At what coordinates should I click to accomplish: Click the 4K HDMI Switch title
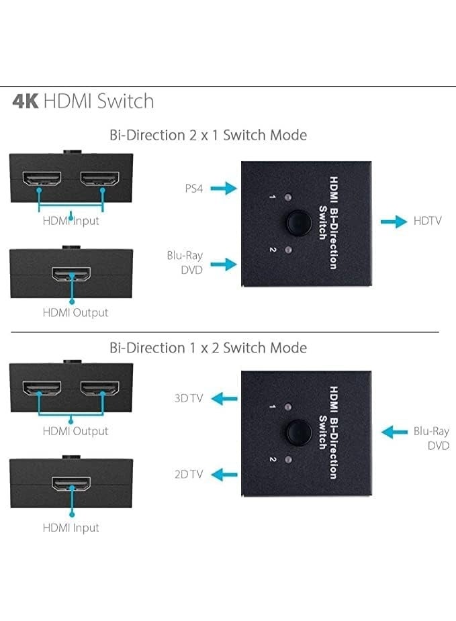coord(83,101)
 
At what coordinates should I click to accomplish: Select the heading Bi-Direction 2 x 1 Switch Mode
coord(208,135)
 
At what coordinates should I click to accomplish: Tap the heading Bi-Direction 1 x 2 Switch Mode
coord(208,348)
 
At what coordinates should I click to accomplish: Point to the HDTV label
coord(428,221)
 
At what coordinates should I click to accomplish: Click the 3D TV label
coord(189,398)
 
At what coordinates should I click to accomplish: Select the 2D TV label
coord(189,475)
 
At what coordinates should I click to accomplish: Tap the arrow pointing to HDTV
coord(394,221)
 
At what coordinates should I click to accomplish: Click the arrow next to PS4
coord(224,189)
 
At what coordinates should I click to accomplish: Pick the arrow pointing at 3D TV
coord(224,399)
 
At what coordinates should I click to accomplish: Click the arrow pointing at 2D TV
coord(224,475)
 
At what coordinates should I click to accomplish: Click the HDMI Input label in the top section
coord(71,221)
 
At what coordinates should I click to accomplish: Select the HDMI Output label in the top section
coord(75,312)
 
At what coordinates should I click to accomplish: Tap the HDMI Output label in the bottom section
coord(75,431)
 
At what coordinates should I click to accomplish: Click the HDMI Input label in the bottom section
coord(71,528)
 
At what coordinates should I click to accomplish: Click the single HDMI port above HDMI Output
coord(71,275)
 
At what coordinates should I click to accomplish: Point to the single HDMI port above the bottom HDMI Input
coord(71,485)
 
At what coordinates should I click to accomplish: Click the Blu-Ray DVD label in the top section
coord(184,262)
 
